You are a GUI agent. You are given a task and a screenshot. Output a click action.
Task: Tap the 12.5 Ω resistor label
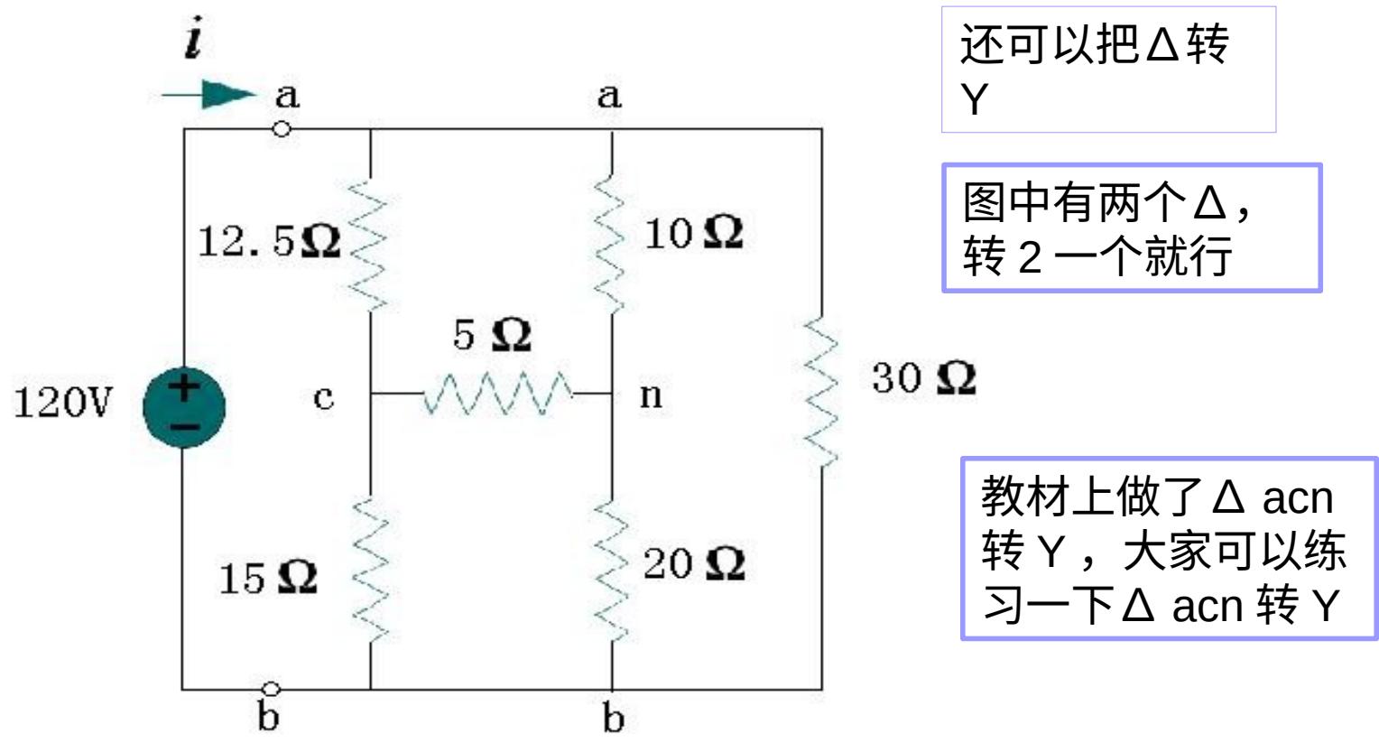click(x=269, y=241)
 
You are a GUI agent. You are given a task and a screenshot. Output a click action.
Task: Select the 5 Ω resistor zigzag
click(x=497, y=395)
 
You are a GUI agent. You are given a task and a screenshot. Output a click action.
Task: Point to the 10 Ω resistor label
click(x=693, y=234)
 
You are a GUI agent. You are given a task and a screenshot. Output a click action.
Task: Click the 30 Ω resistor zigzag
click(x=821, y=391)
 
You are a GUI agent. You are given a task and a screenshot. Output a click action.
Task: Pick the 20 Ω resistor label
click(x=693, y=564)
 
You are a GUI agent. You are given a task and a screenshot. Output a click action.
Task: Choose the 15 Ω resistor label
click(x=268, y=578)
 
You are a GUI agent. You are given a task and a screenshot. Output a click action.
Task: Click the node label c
click(x=323, y=396)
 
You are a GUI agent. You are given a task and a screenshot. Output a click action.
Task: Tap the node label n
click(x=650, y=395)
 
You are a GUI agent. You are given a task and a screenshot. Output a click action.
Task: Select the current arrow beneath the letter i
click(x=209, y=94)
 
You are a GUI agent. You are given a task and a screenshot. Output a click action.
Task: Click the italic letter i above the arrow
click(x=193, y=42)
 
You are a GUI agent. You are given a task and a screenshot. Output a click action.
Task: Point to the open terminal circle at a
click(x=282, y=129)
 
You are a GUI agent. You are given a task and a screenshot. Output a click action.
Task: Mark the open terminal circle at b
click(x=270, y=690)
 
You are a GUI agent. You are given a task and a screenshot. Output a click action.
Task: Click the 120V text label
click(x=62, y=403)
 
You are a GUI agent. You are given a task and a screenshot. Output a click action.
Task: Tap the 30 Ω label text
click(x=923, y=378)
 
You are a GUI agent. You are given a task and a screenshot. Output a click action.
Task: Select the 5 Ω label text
click(x=492, y=335)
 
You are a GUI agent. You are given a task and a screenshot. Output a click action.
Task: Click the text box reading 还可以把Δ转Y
click(x=1108, y=70)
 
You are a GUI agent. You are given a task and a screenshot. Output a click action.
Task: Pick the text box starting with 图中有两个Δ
click(x=1132, y=227)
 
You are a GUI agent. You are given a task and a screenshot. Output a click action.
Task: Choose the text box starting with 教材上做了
click(x=1169, y=549)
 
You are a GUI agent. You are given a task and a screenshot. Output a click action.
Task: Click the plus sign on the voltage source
click(x=184, y=388)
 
